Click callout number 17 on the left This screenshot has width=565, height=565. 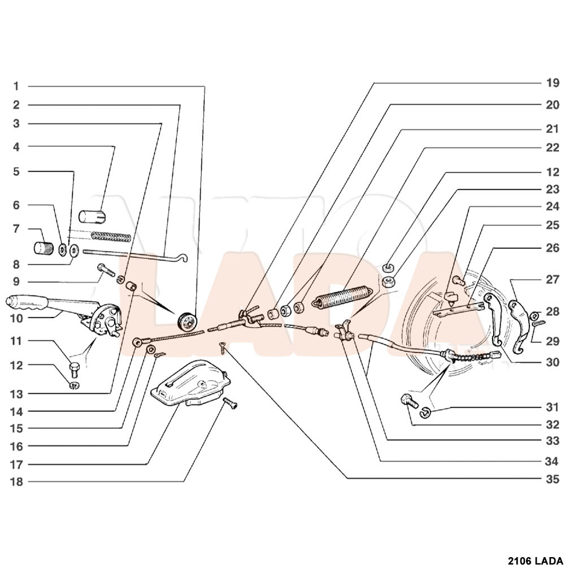click(16, 464)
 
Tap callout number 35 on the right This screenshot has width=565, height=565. click(553, 479)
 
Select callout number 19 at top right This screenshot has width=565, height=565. click(553, 83)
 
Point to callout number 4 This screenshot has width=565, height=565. click(16, 147)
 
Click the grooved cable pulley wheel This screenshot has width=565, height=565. click(188, 321)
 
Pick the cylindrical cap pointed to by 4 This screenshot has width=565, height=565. click(92, 216)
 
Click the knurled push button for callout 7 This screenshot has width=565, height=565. click(44, 248)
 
